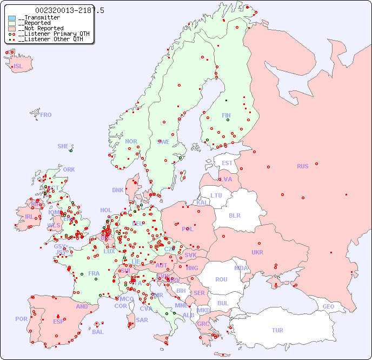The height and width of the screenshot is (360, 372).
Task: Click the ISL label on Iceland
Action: (18, 67)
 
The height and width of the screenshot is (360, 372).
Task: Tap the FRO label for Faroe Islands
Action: (46, 115)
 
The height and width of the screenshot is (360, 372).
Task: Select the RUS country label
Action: (302, 166)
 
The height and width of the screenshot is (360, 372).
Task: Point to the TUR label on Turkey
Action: (277, 330)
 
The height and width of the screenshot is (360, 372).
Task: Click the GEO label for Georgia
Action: (328, 306)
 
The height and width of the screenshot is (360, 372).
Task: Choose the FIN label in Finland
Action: (226, 115)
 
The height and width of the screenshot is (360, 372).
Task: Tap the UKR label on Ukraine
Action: (257, 252)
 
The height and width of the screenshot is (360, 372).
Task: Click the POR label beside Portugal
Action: (21, 319)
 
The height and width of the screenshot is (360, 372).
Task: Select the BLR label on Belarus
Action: (235, 215)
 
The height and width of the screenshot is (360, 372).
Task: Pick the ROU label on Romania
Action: (221, 279)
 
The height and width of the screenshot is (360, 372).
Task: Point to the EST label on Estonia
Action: (227, 163)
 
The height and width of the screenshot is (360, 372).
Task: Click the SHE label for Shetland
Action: (63, 146)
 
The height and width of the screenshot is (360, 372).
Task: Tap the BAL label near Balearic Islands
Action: (98, 332)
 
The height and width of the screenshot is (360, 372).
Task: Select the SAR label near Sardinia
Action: (142, 320)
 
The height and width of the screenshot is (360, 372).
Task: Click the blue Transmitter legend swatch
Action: (12, 18)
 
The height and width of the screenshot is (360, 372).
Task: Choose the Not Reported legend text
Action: (41, 29)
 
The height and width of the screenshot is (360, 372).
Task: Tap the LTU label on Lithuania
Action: (216, 195)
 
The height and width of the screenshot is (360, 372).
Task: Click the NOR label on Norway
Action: (131, 141)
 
